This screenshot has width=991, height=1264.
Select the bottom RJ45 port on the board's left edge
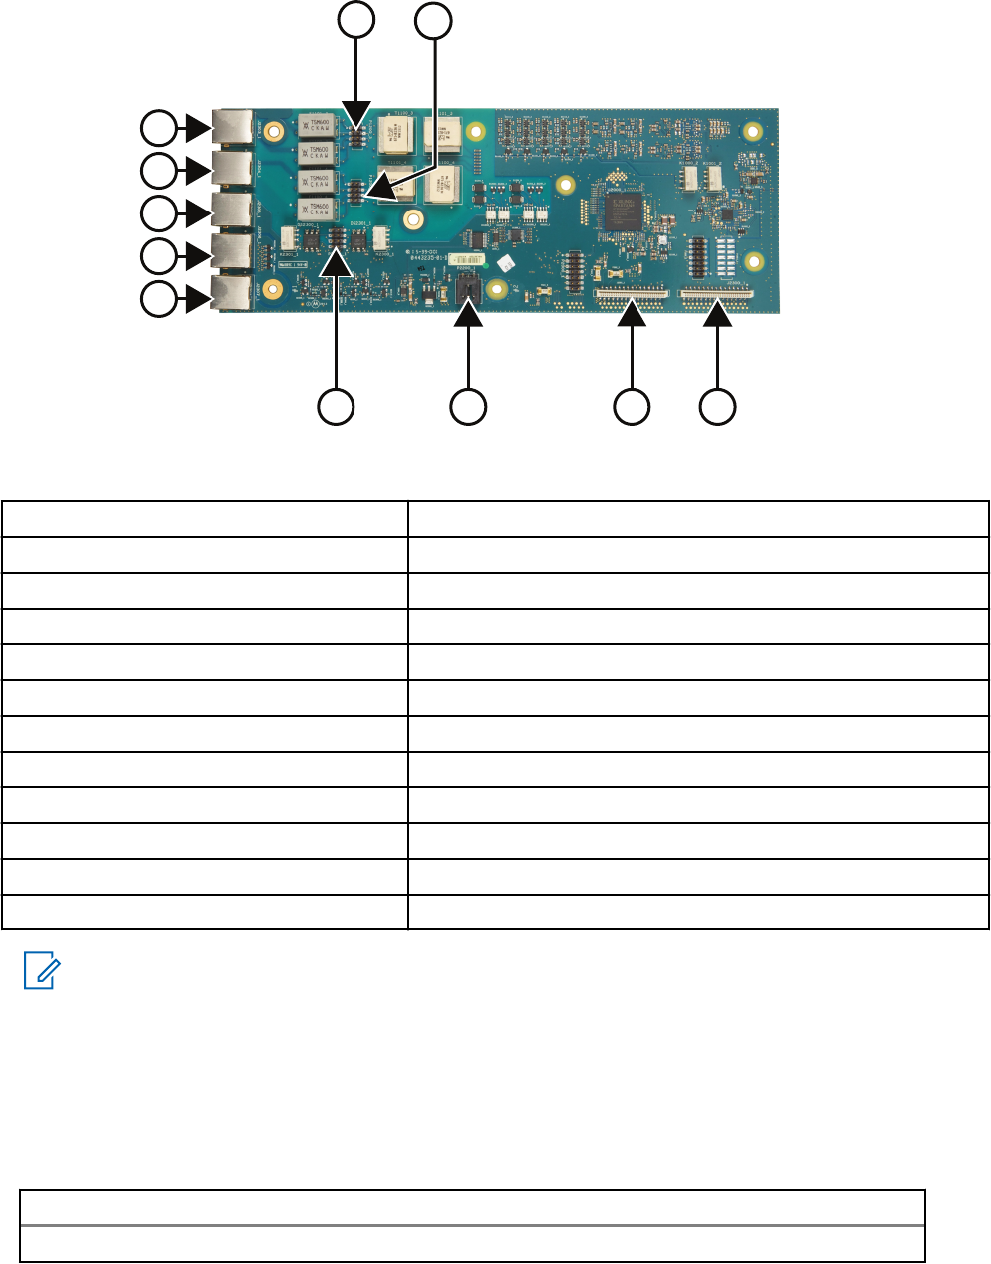(235, 295)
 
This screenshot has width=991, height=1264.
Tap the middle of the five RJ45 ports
(235, 211)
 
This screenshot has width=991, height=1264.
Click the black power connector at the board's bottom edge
(469, 290)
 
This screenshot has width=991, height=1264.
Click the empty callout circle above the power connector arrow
(468, 406)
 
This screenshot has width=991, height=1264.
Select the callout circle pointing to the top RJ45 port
(157, 129)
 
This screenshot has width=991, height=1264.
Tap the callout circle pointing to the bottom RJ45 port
(157, 298)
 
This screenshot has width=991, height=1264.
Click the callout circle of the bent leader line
(433, 20)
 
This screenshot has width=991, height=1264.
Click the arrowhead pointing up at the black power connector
(468, 314)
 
